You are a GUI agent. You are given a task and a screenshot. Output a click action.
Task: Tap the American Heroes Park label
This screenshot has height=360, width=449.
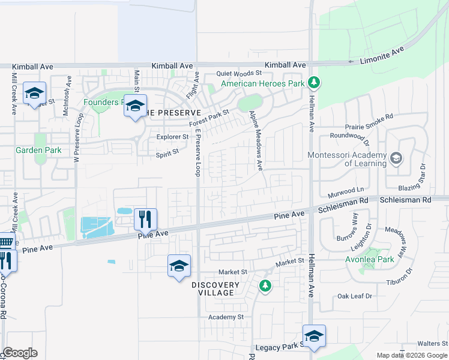coord(262,83)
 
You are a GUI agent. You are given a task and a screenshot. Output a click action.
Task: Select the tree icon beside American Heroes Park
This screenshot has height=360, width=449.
coord(313,82)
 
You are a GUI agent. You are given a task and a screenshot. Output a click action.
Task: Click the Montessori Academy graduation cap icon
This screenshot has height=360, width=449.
coord(396,158)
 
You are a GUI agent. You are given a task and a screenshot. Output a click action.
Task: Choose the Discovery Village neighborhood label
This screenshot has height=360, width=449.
coord(216,289)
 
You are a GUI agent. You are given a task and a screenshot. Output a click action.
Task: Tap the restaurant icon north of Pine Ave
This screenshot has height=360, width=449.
coord(145,219)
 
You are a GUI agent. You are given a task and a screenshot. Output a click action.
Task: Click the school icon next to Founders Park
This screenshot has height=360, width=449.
coord(135,105)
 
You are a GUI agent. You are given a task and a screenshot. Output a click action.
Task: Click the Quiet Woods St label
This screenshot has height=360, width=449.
coord(240,73)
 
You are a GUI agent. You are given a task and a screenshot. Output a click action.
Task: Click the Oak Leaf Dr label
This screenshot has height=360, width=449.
coord(355,296)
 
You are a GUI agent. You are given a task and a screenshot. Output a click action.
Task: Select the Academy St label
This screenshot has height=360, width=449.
coord(226,316)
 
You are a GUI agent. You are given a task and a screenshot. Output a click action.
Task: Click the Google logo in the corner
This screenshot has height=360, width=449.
coord(20,353)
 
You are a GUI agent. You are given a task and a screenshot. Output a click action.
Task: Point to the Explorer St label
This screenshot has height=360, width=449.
coord(173,137)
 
